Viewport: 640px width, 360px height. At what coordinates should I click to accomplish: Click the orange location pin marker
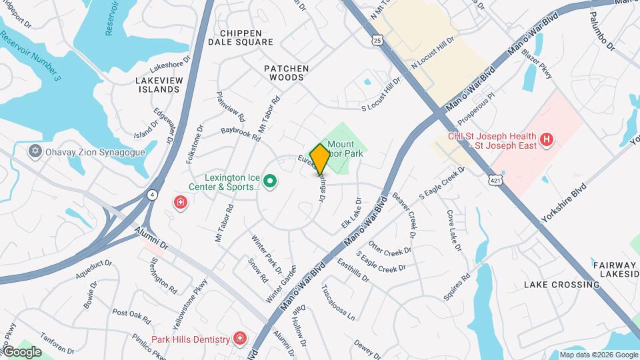[x=320, y=159]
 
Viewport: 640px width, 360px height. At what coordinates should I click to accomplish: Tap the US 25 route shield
[x=378, y=41]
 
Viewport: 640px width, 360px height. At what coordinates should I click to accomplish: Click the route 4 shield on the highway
[x=153, y=195]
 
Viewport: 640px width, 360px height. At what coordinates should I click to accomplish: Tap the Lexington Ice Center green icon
[x=270, y=181]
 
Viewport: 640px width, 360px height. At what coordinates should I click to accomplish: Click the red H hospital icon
[x=547, y=139]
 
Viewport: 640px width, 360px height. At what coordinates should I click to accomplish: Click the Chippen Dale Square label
[x=240, y=37]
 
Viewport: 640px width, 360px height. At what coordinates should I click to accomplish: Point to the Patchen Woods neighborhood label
[x=286, y=73]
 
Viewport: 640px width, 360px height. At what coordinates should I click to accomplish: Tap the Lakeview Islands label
[x=159, y=85]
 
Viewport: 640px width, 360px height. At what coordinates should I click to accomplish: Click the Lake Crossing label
[x=561, y=285]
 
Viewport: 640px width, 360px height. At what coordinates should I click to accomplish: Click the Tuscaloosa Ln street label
[x=338, y=303]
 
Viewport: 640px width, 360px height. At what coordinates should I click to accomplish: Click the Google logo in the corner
[x=21, y=352]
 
